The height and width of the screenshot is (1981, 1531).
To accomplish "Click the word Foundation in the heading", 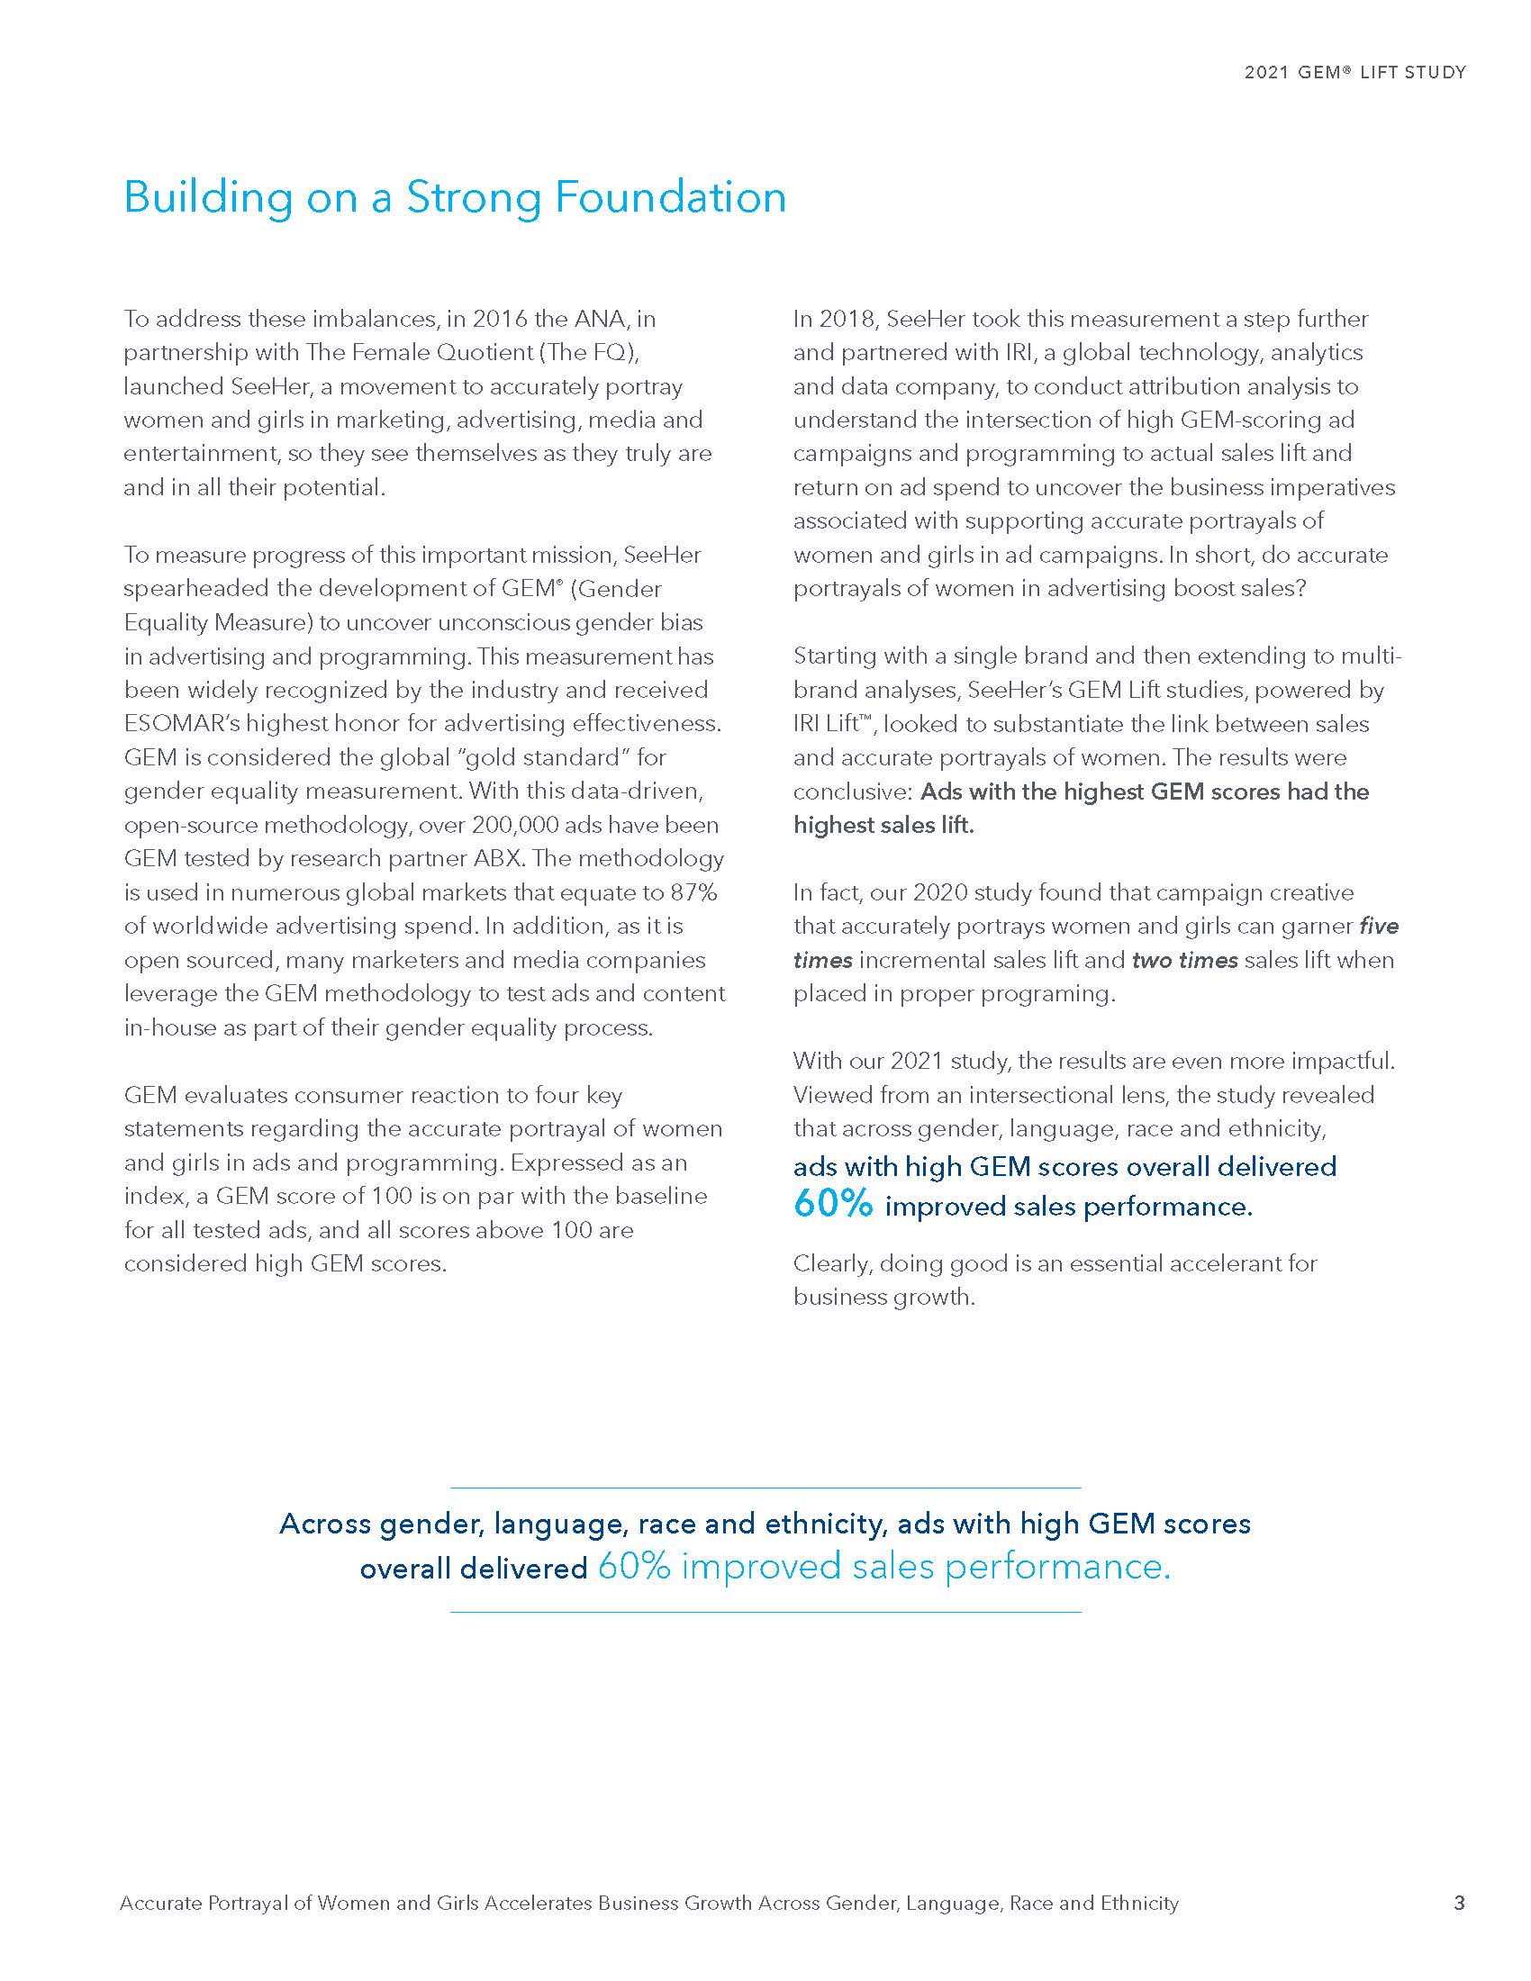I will (x=670, y=198).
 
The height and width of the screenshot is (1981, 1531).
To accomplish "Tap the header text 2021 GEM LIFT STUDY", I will (x=1354, y=73).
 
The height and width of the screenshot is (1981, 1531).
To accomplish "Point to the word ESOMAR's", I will (x=182, y=724).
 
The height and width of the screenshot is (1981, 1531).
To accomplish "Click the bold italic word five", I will (x=1379, y=926).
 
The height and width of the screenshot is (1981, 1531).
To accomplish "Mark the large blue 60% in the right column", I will (x=833, y=1204).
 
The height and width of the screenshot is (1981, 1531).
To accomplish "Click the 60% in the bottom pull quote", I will (x=634, y=1567).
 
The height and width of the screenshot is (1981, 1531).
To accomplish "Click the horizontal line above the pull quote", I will (x=765, y=1488).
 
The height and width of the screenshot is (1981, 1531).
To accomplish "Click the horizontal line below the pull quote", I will (x=765, y=1612).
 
